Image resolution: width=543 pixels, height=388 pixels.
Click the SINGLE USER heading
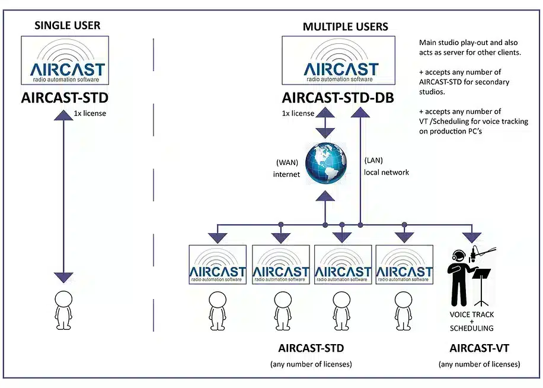68,25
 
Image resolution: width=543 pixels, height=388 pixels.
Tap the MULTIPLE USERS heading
337,26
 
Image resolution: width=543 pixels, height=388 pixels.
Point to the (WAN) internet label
286,169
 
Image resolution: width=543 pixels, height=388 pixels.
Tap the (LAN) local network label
386,166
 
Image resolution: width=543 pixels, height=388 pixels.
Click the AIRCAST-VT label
479,348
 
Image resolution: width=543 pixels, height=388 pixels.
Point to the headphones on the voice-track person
457,256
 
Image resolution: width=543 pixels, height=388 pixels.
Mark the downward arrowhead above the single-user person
63,277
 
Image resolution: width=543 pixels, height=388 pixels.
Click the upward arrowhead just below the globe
325,196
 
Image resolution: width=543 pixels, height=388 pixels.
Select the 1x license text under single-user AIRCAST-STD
90,113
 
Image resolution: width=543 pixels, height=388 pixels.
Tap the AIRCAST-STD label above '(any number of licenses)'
311,348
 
